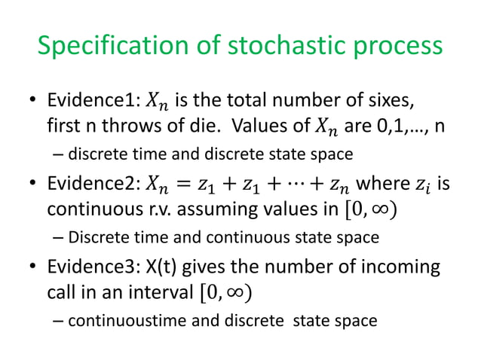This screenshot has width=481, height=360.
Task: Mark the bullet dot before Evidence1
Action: [x=33, y=102]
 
